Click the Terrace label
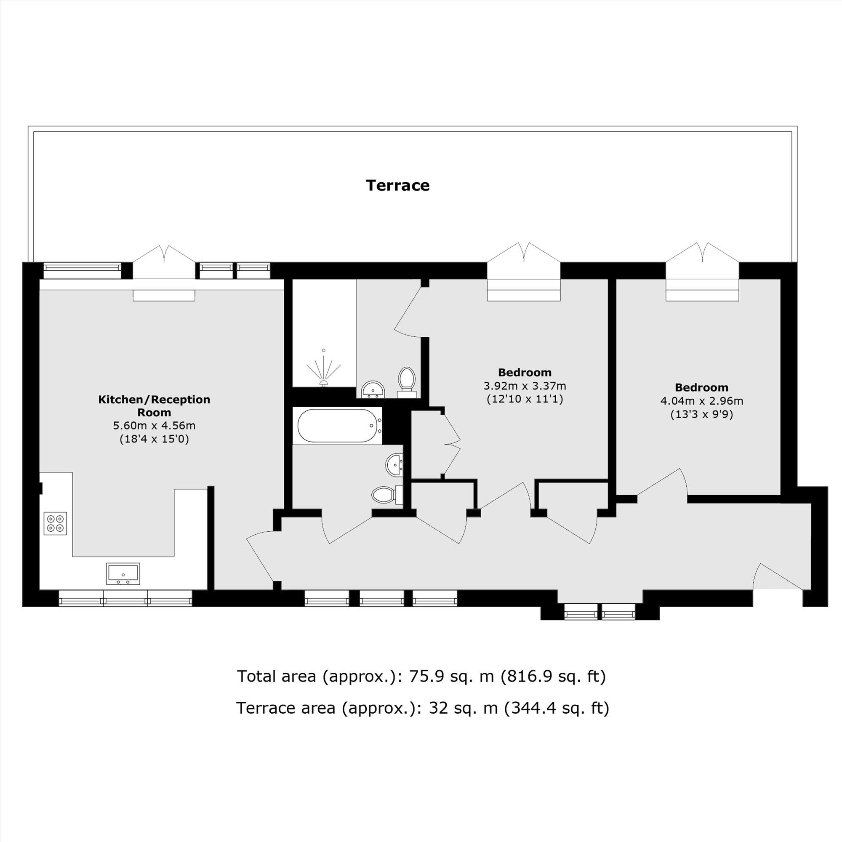coord(397,186)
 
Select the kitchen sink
coord(123,573)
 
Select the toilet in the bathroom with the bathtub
coord(384,495)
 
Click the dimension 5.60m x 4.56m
coord(154,426)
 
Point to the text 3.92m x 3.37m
coord(525,386)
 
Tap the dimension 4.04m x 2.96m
coord(702,401)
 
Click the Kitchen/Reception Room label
coord(154,406)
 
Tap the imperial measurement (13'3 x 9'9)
coord(702,414)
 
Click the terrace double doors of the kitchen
coord(164,261)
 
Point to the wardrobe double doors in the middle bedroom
coord(451,445)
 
